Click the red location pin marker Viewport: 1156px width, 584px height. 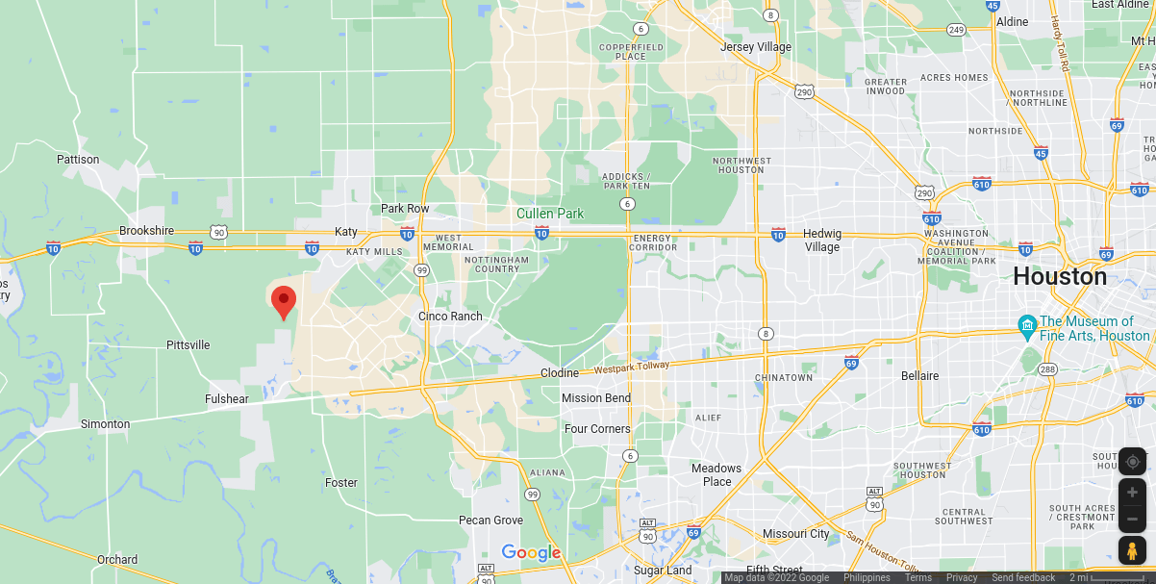pos(284,301)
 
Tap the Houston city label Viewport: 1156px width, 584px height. pos(1060,277)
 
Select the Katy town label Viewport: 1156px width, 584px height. pos(346,232)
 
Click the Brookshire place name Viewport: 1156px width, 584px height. pos(146,231)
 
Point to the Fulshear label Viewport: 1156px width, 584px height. pos(227,399)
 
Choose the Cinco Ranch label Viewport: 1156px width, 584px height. pos(450,317)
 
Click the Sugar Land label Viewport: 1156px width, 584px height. pos(663,571)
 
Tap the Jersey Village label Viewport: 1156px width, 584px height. pos(756,47)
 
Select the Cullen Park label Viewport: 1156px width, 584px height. pos(550,214)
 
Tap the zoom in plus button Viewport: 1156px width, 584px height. pos(1132,492)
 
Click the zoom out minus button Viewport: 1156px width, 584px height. pos(1132,519)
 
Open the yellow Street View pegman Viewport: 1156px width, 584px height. pos(1132,551)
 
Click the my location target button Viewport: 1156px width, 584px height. pos(1132,462)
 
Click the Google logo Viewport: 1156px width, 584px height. pos(531,552)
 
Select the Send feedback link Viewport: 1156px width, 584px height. pos(1023,577)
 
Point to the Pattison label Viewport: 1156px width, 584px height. pos(78,160)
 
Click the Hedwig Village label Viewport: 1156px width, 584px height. pos(821,240)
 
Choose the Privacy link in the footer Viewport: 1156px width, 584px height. pos(961,577)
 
